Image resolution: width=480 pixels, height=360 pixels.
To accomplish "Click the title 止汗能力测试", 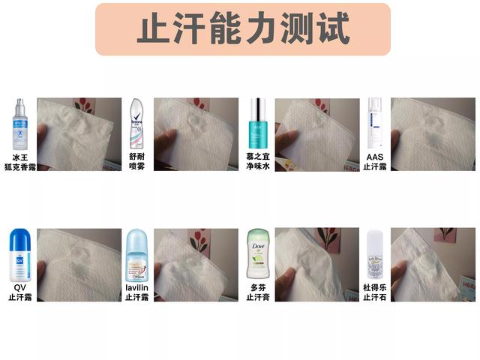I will click(242, 29).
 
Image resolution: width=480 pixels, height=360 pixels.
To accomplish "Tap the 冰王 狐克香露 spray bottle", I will click(19, 124).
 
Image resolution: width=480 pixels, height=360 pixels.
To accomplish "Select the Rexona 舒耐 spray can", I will click(136, 123).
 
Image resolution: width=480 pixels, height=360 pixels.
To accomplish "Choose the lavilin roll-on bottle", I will click(138, 256).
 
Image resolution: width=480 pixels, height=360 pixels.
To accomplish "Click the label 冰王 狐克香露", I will click(20, 162).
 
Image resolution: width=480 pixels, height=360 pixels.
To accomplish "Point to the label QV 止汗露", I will click(19, 292).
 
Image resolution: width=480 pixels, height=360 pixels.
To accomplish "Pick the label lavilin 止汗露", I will click(138, 292).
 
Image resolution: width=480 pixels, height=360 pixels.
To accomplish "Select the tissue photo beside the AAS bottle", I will click(432, 134).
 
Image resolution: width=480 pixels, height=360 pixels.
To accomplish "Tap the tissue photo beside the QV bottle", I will click(79, 265).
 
